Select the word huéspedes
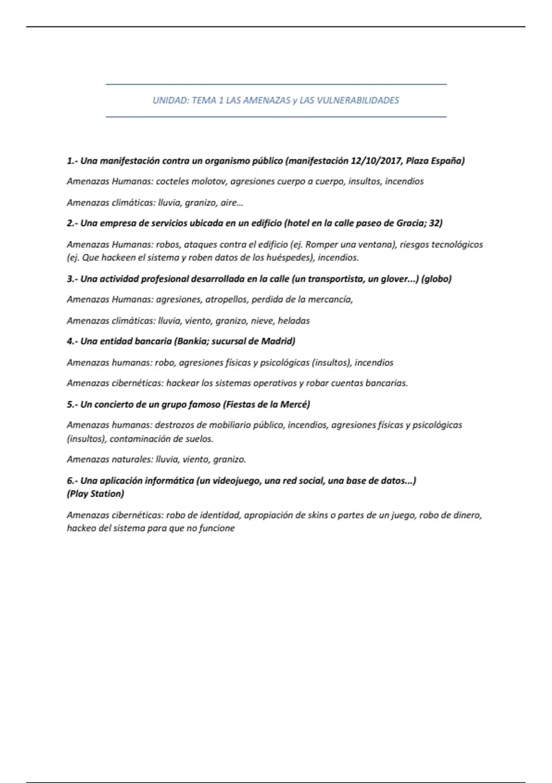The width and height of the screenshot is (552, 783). point(289,257)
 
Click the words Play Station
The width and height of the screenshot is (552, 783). point(96,494)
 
